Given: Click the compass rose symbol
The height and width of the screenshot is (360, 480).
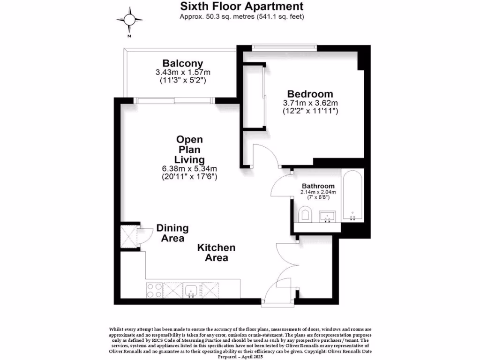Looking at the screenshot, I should [x=129, y=19].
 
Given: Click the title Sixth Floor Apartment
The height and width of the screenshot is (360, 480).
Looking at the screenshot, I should [x=242, y=7].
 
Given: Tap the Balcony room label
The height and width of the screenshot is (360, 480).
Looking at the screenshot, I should [x=183, y=63].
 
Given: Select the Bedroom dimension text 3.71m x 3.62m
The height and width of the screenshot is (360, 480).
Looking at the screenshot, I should [x=310, y=103].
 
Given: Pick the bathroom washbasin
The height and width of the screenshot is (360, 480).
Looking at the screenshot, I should [x=327, y=217].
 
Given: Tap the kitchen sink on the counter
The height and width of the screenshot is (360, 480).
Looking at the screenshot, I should [x=191, y=291].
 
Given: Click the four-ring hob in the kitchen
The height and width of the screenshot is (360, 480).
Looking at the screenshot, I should [x=155, y=290].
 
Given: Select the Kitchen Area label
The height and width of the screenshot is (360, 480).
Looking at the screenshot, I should [x=216, y=253].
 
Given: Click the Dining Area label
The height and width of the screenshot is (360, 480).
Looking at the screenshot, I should [x=172, y=233].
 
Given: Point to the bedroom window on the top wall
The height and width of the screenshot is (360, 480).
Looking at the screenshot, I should [x=284, y=47].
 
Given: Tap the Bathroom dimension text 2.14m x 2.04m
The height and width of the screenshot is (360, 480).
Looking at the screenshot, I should [x=318, y=192].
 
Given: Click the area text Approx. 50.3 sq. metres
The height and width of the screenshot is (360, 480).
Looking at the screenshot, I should [x=242, y=17].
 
